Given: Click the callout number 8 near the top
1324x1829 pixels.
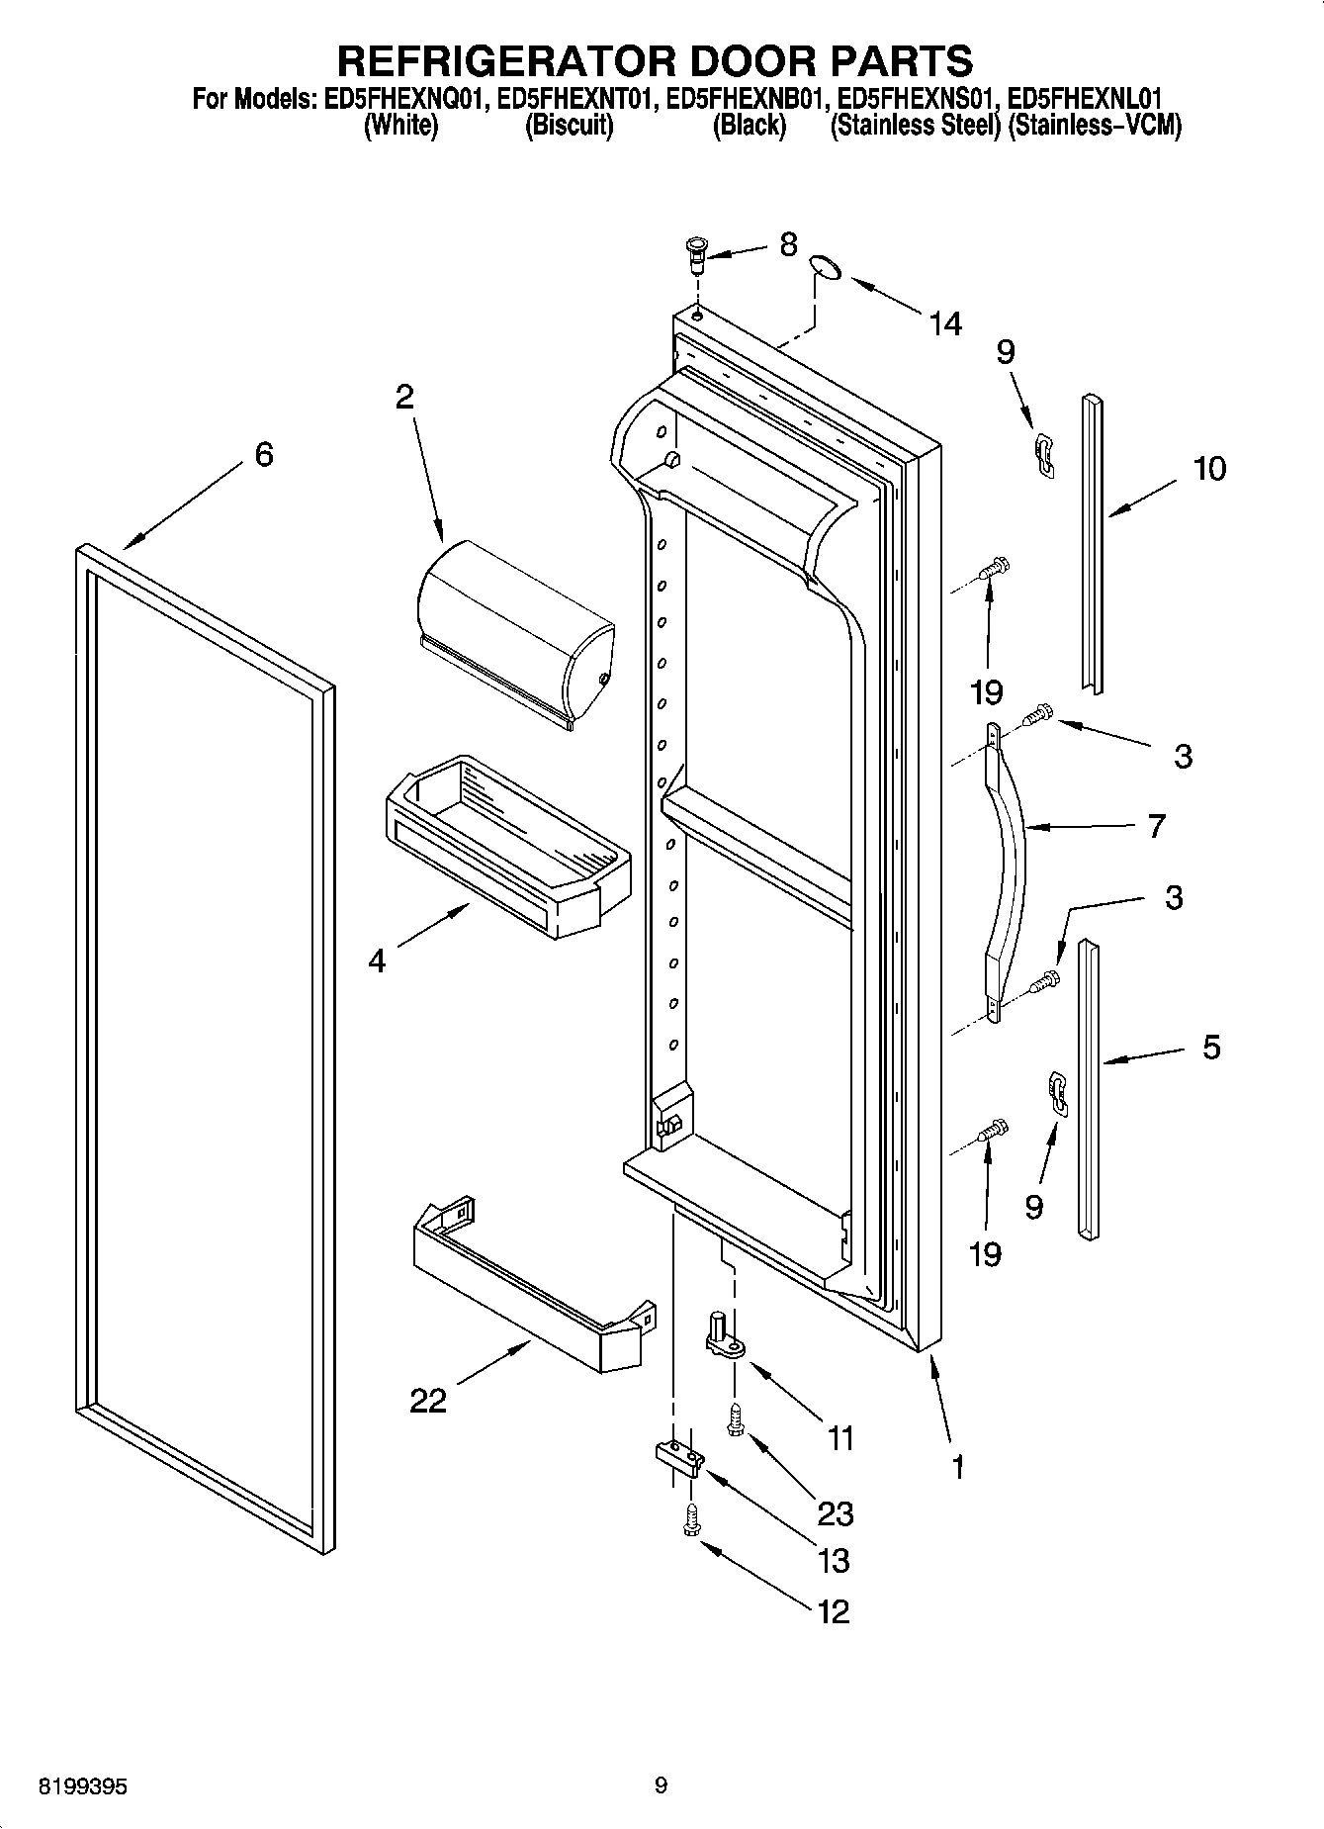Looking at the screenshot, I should [788, 244].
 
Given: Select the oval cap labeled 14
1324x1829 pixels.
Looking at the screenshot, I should [823, 268].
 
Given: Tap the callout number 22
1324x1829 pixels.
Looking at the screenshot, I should [428, 1400].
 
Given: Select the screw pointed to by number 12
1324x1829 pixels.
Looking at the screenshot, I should [691, 1519].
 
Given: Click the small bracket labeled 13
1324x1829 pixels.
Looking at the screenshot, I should [679, 1455].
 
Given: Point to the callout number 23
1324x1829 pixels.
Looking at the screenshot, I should [836, 1512].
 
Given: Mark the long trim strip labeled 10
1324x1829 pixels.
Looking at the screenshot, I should [1092, 544].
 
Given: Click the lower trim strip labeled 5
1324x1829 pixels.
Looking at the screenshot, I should [1088, 1088].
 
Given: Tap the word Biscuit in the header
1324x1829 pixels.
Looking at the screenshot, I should [569, 126].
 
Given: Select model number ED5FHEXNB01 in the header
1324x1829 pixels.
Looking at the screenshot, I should [748, 99].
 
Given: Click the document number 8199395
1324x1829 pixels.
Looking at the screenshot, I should [82, 1787].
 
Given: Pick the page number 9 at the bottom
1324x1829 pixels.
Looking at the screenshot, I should [661, 1785].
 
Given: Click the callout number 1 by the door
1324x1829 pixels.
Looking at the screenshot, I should [957, 1467].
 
